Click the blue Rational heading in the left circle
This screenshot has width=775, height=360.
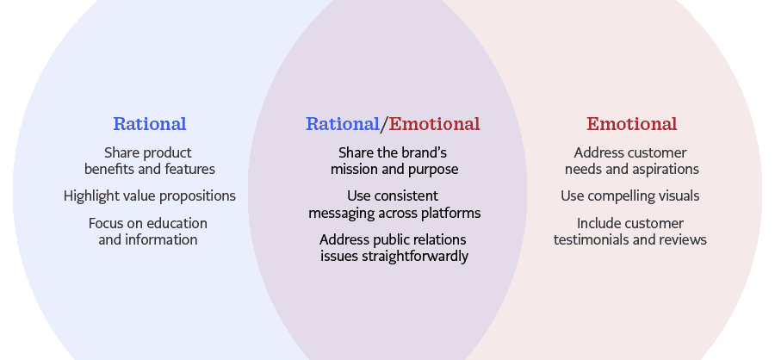click(x=150, y=124)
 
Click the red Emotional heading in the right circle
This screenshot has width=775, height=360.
click(x=632, y=124)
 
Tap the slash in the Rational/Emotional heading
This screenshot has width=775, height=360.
click(x=384, y=124)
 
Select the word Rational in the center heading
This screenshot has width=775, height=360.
click(x=343, y=124)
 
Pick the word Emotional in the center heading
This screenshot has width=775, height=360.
click(x=434, y=124)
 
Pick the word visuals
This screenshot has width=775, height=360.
click(x=679, y=196)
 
